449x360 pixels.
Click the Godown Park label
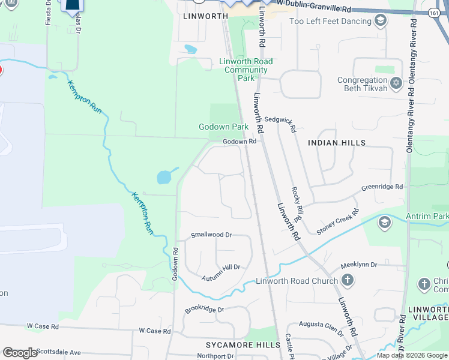point(223,127)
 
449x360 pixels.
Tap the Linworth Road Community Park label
point(246,70)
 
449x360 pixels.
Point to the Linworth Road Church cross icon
point(347,280)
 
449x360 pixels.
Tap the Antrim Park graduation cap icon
point(384,223)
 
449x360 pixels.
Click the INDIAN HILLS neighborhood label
point(336,143)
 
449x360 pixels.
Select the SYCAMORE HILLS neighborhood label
point(243,345)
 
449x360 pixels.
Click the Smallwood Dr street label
point(211,235)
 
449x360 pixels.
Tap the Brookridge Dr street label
point(204,310)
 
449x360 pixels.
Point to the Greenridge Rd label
point(382,188)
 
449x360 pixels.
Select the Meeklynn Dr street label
point(358,265)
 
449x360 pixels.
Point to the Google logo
point(20,352)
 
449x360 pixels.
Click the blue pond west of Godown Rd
point(165,176)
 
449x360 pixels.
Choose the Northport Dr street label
point(215,356)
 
